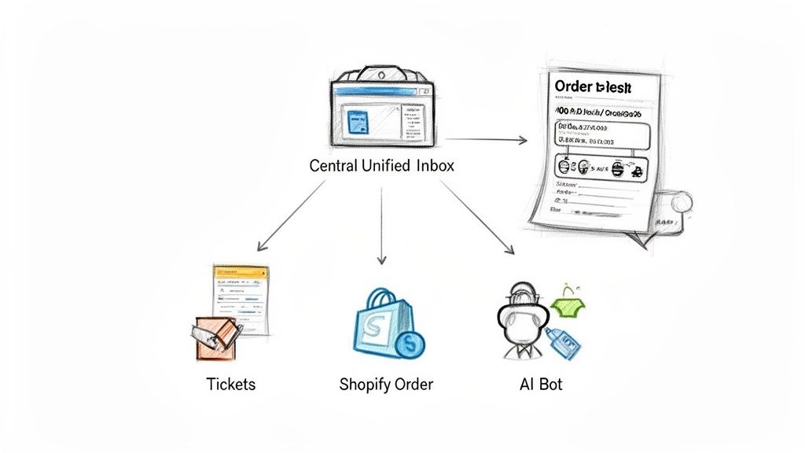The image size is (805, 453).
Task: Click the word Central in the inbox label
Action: (333, 167)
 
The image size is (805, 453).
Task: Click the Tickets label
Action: (230, 385)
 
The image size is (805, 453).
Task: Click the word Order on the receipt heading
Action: (575, 87)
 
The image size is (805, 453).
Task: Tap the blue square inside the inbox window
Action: (358, 123)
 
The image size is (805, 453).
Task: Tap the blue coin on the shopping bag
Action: (410, 343)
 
